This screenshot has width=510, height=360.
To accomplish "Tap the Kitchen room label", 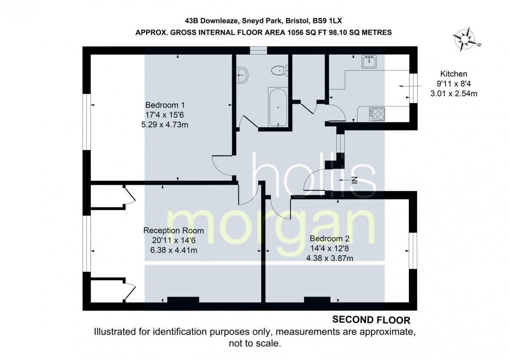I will (x=453, y=74).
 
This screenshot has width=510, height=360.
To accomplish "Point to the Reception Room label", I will (x=173, y=230).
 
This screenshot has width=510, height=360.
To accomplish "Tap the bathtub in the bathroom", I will (x=277, y=106).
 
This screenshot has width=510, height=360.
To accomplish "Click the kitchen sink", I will (x=370, y=61).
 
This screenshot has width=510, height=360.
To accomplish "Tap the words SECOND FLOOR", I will (x=371, y=320).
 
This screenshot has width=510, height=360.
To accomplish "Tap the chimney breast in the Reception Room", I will (x=183, y=300).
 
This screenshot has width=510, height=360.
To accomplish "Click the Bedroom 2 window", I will (x=412, y=250).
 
